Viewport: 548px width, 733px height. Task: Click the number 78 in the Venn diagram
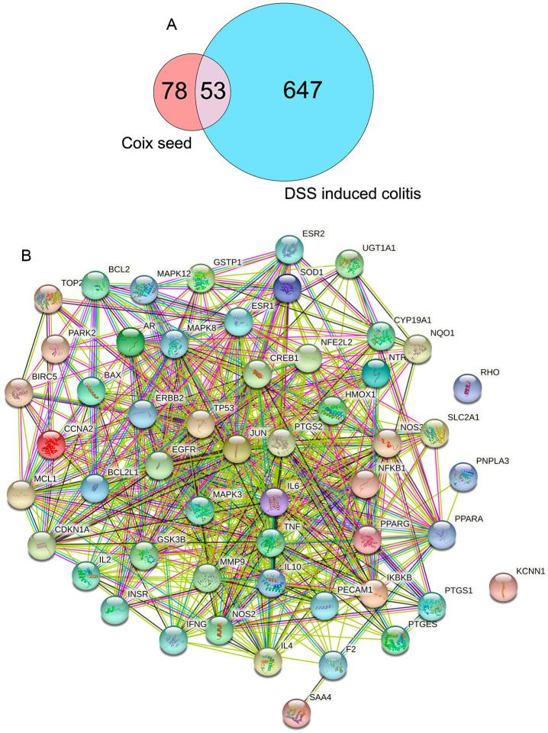[x=176, y=92]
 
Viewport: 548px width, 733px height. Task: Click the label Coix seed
[x=156, y=143]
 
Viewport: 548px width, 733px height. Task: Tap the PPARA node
[x=446, y=534]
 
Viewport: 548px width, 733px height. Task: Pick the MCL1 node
[x=23, y=495]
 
